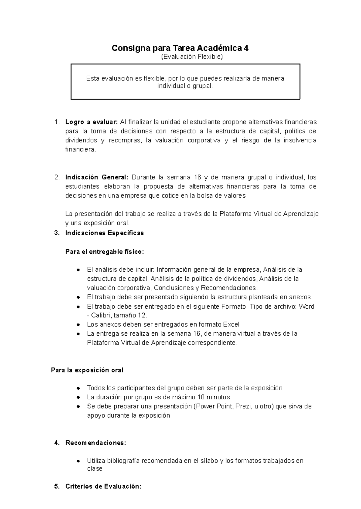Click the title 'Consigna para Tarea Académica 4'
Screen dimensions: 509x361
[x=180, y=48]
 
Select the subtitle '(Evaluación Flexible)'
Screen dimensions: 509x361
[x=192, y=57]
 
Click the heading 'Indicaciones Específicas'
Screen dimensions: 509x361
[x=104, y=233]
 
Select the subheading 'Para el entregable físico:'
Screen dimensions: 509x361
[x=105, y=252]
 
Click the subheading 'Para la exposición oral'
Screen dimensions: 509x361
[x=87, y=370]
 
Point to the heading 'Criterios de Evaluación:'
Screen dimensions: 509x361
[x=103, y=487]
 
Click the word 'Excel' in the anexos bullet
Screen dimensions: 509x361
[x=231, y=325]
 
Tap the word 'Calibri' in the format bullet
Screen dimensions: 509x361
[x=101, y=315]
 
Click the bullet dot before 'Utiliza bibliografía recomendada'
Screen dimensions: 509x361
[x=78, y=461]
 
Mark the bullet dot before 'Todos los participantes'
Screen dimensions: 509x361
[x=78, y=388]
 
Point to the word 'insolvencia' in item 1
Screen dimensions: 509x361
[x=300, y=140]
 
